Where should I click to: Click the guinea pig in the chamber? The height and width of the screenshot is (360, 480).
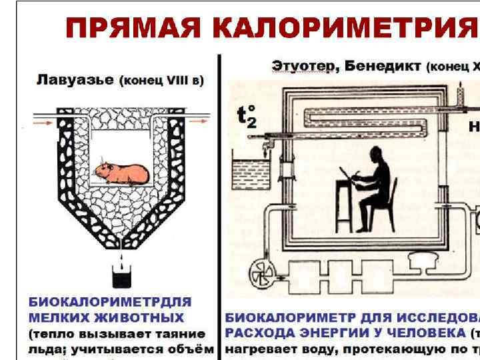coord(121,173)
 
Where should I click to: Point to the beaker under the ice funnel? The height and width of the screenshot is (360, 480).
coord(121,275)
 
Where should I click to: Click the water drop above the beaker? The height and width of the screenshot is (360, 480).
coord(121,256)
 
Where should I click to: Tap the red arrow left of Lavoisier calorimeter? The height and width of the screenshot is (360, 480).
coord(28,124)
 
